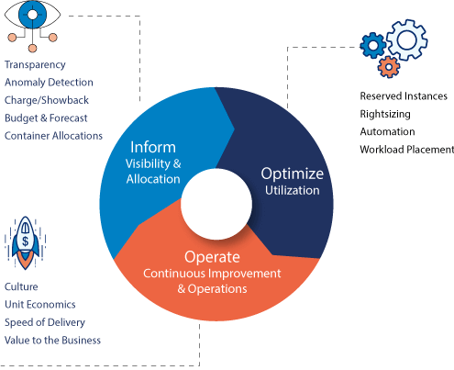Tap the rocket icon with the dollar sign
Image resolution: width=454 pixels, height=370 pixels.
click(x=26, y=243)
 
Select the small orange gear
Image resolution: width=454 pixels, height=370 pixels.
click(x=389, y=67)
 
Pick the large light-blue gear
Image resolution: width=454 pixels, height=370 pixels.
click(x=407, y=40)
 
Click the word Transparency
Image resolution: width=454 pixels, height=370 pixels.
click(x=35, y=65)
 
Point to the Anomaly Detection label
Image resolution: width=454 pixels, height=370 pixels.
click(x=49, y=83)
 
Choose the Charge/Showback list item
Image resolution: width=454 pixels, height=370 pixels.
click(x=47, y=100)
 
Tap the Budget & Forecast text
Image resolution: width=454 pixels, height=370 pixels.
click(x=46, y=118)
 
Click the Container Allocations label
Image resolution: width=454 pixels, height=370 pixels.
click(x=53, y=136)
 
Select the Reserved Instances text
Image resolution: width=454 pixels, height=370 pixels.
click(x=404, y=96)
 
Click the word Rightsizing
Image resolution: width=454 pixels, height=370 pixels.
click(x=385, y=114)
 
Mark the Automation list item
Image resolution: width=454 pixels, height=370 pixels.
click(x=387, y=131)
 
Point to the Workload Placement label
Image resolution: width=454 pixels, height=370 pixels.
click(x=407, y=150)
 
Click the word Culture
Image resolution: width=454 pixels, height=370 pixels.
click(x=21, y=286)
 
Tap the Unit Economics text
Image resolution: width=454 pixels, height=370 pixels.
click(x=40, y=305)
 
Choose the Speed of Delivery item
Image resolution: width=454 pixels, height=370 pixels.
click(x=45, y=322)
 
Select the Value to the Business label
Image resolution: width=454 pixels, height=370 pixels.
click(x=52, y=341)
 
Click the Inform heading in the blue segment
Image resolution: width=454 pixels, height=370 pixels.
click(x=153, y=147)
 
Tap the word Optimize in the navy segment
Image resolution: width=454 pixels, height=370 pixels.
click(x=293, y=174)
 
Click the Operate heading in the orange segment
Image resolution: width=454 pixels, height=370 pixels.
click(x=212, y=257)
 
